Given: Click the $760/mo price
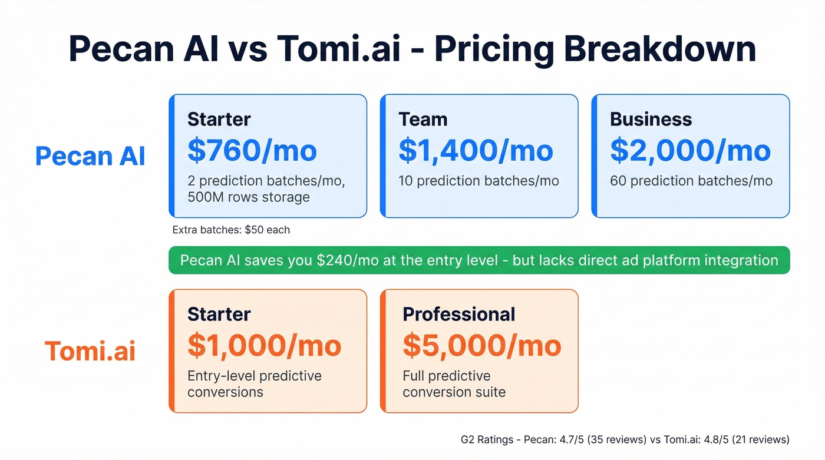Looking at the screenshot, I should pos(252,150).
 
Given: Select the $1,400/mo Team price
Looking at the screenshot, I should pos(476,150).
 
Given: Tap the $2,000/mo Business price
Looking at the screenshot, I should pos(690,150).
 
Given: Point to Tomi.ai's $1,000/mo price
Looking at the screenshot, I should pos(264,345).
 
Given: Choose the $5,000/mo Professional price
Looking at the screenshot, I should pos(482,345).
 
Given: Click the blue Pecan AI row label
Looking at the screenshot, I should pos(90,156).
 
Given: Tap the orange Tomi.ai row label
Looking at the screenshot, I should pos(90,351).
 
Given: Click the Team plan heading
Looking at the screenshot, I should pos(423,119).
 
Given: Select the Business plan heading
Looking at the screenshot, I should pos(651,119).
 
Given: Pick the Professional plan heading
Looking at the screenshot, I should pos(458,314).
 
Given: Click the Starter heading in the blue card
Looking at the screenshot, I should pos(219,119).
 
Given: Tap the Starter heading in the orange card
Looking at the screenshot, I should pos(219,314).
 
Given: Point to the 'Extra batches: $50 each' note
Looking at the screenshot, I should pos(231,230).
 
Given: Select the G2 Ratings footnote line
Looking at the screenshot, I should pos(625,439).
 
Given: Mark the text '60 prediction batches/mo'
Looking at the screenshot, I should pos(691,181).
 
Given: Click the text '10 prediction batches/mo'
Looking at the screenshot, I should pos(478,181).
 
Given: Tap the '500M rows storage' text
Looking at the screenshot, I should pos(248,197).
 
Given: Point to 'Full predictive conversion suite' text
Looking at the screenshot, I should pos(454,383).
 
